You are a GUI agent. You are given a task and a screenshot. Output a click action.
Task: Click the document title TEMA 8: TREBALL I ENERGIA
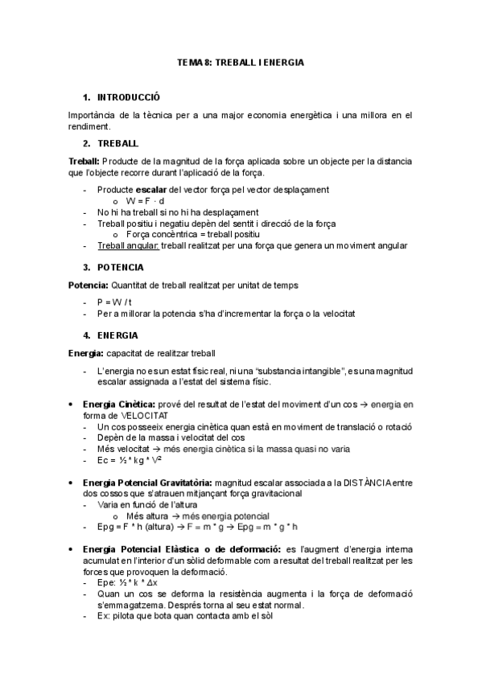[x=241, y=62]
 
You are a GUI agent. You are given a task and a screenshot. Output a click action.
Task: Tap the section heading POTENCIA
[x=121, y=266]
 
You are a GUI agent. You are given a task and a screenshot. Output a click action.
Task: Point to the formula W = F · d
[x=146, y=200]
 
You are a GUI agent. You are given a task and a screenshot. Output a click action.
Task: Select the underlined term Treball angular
[x=128, y=245]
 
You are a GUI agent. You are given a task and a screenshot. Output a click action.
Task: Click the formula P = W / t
[x=115, y=302]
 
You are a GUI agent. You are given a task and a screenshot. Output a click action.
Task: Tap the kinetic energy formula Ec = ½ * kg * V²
[x=129, y=460]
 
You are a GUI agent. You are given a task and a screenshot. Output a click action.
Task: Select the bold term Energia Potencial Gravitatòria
[x=153, y=482]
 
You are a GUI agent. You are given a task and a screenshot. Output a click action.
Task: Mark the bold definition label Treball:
[x=84, y=161]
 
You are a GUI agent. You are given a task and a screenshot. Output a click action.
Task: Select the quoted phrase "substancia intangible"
[x=297, y=370]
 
